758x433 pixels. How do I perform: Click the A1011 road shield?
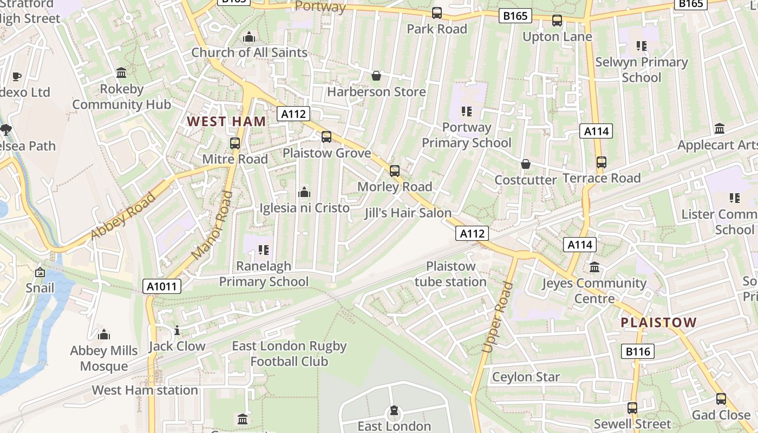coord(162,286)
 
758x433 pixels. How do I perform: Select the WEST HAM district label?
coord(226,121)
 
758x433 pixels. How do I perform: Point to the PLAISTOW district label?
coord(658,323)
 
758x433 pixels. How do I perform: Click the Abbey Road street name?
coord(123,215)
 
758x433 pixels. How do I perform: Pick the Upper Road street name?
coord(496,318)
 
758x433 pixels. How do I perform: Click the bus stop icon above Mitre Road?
coord(235,143)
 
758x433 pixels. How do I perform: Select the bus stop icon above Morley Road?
coord(395,171)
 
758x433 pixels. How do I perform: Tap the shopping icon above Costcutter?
coord(525,164)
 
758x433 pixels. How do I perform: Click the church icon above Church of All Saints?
coord(249,37)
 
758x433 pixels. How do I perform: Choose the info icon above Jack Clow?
coord(177,331)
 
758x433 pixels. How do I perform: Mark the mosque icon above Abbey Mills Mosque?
coord(103,335)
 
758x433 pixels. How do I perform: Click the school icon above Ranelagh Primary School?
coord(264,250)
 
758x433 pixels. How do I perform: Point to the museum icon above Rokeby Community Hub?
coord(121,73)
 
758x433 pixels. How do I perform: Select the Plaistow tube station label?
coord(450,274)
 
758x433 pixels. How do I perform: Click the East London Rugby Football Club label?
coord(289,353)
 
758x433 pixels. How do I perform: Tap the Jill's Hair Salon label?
coord(408,213)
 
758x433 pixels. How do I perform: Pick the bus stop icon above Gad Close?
coord(721,399)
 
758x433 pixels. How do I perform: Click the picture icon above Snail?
coord(40,272)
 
